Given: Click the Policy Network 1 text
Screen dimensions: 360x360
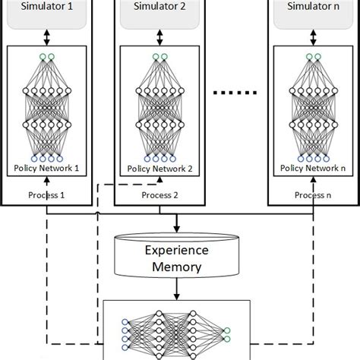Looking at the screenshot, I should coord(47,168).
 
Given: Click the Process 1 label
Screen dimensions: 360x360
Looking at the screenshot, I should coord(47,194).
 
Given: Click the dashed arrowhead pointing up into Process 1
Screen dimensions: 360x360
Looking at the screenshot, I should coord(47,180).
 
